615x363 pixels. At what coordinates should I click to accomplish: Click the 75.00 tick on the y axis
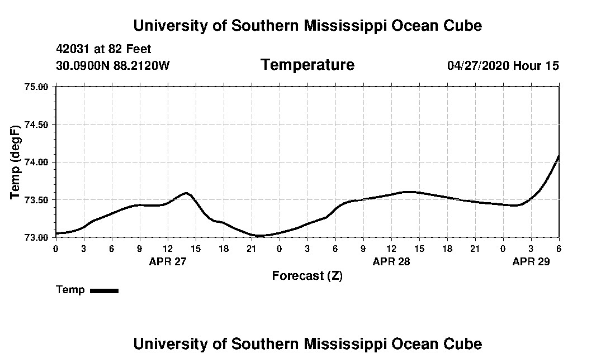(37, 87)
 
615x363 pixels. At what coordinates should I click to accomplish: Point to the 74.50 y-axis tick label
(37, 124)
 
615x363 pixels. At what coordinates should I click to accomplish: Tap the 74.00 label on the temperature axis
(37, 162)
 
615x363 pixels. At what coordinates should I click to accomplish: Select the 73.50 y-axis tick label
(37, 199)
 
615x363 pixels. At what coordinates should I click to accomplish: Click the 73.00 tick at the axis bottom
(37, 237)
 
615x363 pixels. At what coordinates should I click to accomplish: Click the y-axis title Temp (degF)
(15, 162)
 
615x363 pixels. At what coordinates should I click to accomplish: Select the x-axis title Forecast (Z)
(307, 276)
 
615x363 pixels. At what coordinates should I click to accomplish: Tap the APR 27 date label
(167, 261)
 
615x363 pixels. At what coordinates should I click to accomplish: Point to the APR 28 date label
(391, 261)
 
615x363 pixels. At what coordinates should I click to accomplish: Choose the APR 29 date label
(531, 261)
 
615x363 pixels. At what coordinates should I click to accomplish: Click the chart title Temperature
(307, 65)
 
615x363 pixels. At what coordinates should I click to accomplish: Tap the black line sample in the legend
(104, 290)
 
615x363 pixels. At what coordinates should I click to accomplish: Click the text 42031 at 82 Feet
(103, 49)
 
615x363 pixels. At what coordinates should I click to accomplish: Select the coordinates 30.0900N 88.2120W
(112, 66)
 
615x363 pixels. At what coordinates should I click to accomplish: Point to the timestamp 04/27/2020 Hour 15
(503, 66)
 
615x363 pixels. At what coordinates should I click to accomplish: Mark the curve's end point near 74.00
(559, 156)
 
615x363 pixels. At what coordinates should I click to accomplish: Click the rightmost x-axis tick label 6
(559, 248)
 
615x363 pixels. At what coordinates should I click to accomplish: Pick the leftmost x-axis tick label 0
(56, 248)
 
